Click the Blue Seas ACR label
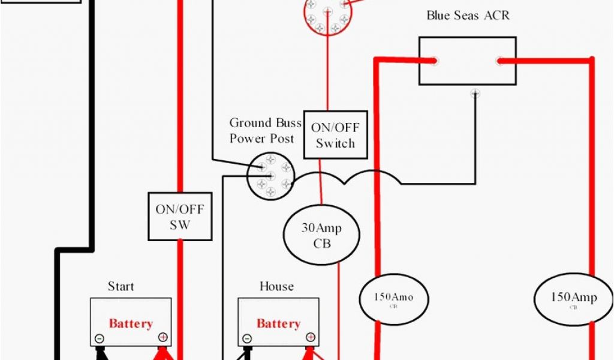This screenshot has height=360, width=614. [468, 16]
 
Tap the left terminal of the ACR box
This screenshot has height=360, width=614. [434, 60]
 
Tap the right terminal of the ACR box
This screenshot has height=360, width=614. [499, 60]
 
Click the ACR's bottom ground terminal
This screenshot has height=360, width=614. [475, 93]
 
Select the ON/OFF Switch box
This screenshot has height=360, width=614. [335, 135]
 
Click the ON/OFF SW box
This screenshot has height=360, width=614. [180, 217]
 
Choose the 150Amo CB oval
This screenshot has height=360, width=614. [395, 298]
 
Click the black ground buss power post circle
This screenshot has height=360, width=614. [270, 176]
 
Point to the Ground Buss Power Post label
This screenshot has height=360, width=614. [262, 131]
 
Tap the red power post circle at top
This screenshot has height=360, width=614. [327, 16]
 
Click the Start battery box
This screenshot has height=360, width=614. [131, 322]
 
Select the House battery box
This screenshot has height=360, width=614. [278, 322]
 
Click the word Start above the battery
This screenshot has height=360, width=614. [121, 286]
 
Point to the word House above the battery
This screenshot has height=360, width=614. [276, 286]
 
